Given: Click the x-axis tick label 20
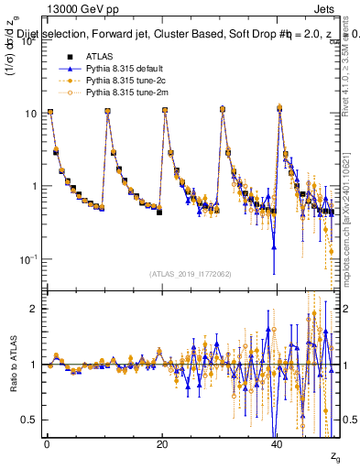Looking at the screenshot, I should tap(162, 443).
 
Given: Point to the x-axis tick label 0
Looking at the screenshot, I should tap(47, 443).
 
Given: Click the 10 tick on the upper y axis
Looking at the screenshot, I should tap(30, 114).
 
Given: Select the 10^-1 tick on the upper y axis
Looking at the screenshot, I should tap(28, 259).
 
